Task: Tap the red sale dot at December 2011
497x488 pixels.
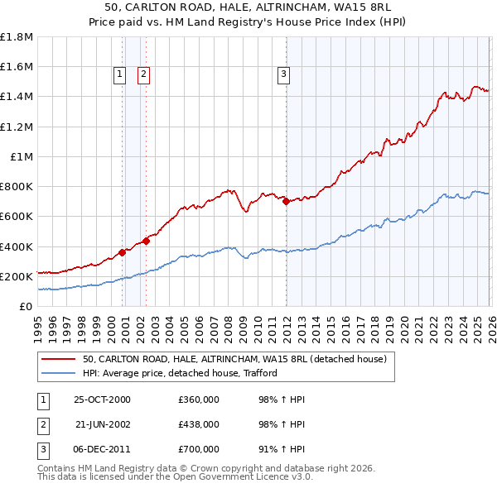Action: [x=285, y=201]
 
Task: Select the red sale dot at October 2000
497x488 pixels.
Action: [x=122, y=252]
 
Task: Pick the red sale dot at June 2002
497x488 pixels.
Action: [x=146, y=241]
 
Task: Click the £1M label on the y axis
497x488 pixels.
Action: [x=22, y=156]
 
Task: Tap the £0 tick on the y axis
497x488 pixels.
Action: [x=27, y=306]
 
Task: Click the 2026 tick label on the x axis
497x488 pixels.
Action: [x=490, y=323]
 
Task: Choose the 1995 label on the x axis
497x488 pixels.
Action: [x=38, y=323]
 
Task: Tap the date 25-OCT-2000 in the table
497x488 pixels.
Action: [x=102, y=399]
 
